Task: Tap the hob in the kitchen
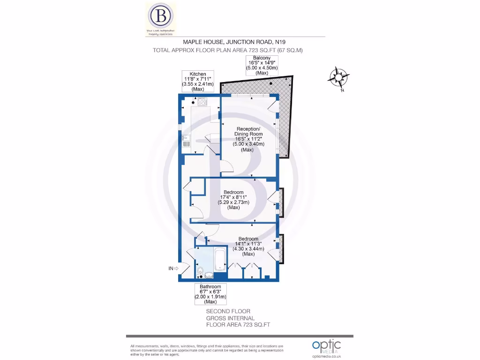pos(203,101)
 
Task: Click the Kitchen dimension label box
pos(198,81)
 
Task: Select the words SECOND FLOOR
pos(228,311)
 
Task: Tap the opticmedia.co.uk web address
pos(327,356)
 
